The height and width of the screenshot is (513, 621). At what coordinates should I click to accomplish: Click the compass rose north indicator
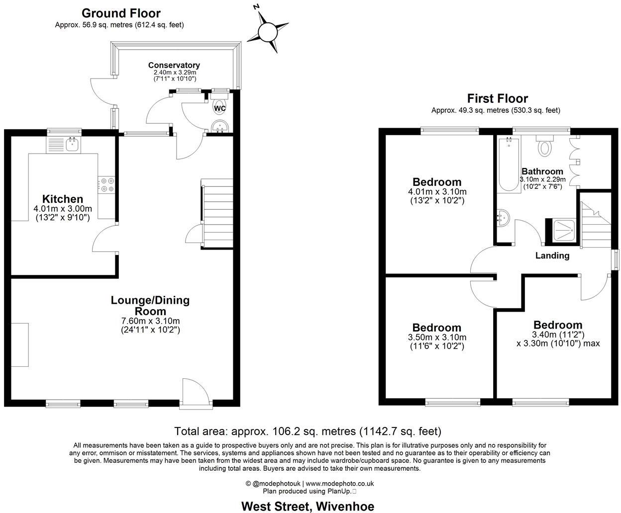coord(268,31)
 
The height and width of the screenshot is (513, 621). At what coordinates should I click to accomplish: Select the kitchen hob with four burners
coord(107,185)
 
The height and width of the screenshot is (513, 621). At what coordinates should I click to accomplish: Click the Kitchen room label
coord(62,199)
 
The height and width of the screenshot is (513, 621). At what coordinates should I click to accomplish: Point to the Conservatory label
coord(174,65)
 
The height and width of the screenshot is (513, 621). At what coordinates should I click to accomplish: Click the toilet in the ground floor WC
coord(219,106)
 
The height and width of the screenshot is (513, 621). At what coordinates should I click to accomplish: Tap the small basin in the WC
coord(219,127)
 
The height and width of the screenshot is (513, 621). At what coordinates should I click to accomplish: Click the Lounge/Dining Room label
coord(150,306)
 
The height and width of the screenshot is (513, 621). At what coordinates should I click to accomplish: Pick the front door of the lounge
coord(194,393)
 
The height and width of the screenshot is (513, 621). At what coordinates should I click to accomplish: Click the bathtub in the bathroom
coord(508,164)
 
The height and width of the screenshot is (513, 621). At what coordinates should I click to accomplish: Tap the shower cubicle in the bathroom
coord(562,231)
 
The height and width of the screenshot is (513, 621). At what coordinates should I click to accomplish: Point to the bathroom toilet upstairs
coord(545,147)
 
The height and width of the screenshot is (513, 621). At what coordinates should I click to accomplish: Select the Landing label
coord(552,256)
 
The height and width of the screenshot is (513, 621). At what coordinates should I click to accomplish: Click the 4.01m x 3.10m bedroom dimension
coord(437,192)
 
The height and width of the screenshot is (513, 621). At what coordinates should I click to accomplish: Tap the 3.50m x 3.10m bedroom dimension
coord(436,338)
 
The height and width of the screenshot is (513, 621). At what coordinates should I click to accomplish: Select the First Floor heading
coord(497,98)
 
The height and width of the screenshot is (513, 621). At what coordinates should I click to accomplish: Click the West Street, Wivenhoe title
coord(308,506)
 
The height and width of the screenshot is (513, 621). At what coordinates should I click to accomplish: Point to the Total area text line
coord(308,431)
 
